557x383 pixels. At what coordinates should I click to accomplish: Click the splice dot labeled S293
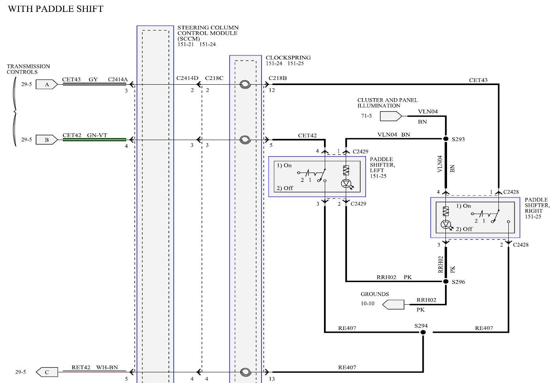coord(446,139)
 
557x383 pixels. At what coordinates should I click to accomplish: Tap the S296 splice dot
coord(446,282)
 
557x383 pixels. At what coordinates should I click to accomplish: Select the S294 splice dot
coord(423,332)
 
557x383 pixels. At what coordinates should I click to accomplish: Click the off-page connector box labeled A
coord(47,85)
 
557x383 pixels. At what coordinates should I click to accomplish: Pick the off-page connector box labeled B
coord(47,140)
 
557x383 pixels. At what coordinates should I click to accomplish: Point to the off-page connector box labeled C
coord(47,372)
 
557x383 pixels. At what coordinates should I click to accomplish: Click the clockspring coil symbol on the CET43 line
coord(245,85)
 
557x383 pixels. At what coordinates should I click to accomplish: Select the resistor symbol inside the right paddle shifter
coord(446,211)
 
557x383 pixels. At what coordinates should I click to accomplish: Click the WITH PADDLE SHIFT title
coord(55,9)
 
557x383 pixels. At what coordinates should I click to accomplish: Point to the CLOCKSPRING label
coord(288,57)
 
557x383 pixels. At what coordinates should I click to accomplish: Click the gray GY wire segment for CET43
coord(95,84)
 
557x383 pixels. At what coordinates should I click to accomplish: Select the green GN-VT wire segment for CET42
coord(95,140)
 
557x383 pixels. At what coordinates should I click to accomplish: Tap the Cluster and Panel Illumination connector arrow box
coord(391,116)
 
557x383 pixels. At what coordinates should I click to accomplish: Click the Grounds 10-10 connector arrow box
coord(393,305)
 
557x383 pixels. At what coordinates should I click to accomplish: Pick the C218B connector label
coord(277,78)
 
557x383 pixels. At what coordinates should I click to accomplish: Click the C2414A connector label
coord(117,80)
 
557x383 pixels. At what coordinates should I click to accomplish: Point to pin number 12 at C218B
coord(272,90)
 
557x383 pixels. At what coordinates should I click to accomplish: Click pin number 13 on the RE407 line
coord(272,379)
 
